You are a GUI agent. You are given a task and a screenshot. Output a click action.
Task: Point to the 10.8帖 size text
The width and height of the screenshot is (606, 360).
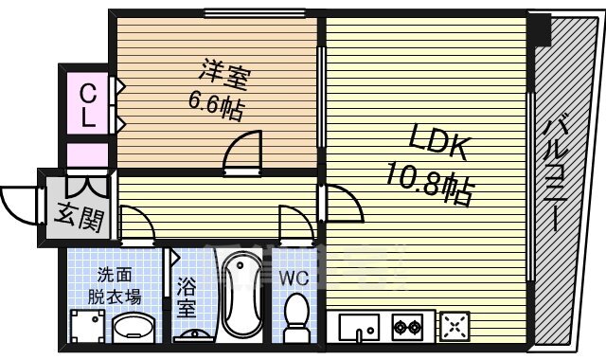click(x=428, y=182)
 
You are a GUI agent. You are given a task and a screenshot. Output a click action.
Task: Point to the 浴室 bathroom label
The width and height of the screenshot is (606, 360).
click(x=187, y=296)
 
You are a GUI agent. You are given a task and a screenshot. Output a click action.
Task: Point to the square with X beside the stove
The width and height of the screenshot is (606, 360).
click(x=455, y=328)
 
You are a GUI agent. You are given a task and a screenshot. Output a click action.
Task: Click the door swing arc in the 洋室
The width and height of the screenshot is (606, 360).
click(x=242, y=153)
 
